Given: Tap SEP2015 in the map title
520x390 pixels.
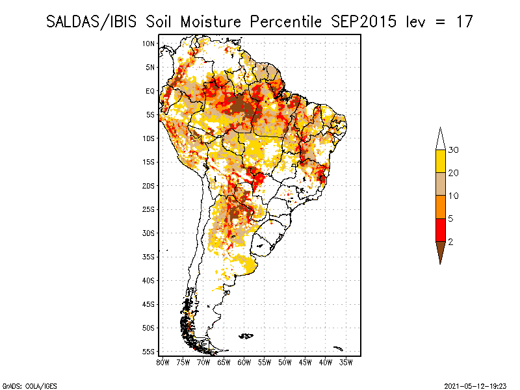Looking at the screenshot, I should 360,21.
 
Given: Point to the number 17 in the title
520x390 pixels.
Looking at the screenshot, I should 464,21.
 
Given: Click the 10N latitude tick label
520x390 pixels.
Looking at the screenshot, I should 148,44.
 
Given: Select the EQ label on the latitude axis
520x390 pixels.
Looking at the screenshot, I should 149,91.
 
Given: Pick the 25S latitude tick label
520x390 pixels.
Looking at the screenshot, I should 148,209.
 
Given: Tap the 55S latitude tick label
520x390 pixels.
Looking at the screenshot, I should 148,352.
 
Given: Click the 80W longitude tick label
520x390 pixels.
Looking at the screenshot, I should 162,361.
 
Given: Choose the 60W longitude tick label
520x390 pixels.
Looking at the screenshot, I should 244,361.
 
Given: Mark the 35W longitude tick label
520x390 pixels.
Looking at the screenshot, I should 346,361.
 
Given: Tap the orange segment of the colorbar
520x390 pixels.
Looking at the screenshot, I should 440,207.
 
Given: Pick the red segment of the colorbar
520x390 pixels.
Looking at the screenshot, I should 440,229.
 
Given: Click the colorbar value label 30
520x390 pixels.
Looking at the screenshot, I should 454,150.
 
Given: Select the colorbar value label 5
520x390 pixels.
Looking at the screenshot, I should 450,218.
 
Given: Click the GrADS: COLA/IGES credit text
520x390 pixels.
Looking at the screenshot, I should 22,385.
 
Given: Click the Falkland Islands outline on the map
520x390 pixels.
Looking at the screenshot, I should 246,335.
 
